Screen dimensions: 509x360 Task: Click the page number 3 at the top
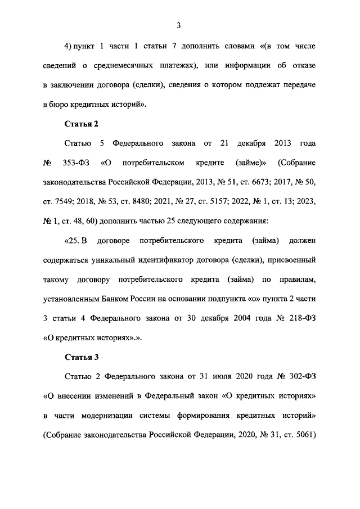click(x=178, y=25)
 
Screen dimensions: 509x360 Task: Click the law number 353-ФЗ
click(x=75, y=163)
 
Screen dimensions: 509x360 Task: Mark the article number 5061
click(x=301, y=435)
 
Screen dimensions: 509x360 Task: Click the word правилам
click(x=298, y=280)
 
